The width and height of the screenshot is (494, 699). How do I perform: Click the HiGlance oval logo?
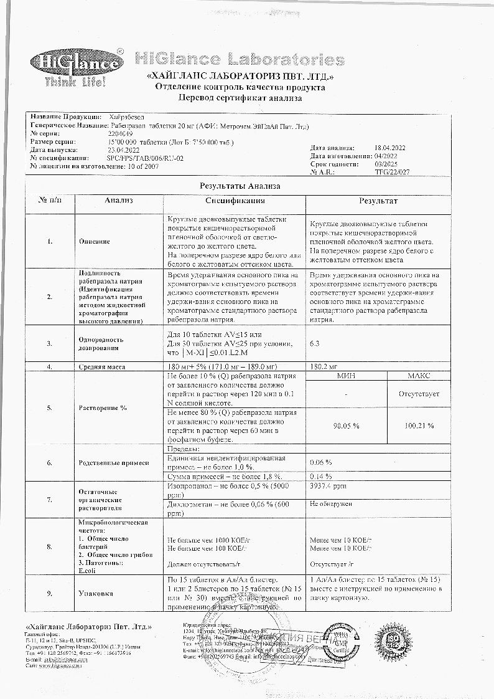pos(77,63)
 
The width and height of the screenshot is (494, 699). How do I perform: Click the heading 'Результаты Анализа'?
pos(240,186)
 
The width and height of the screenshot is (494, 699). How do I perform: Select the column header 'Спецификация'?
pos(235,201)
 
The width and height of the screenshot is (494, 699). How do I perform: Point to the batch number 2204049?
pos(119,134)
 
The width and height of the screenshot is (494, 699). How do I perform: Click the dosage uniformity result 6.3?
pos(314,343)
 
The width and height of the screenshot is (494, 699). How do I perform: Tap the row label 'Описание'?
pos(95,241)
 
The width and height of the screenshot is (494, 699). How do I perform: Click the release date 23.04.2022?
pos(121,150)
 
